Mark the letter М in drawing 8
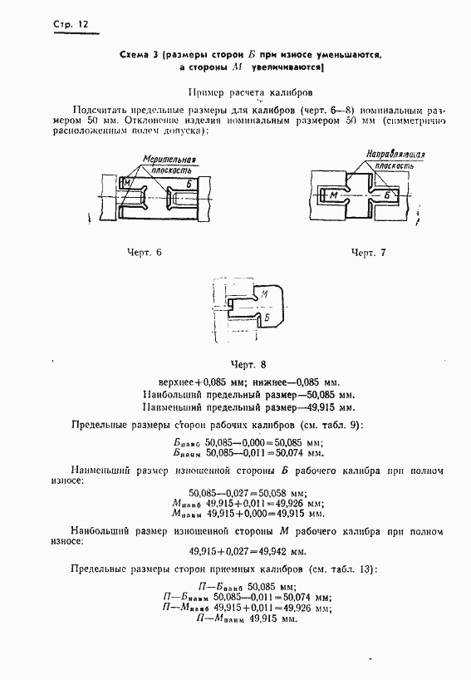click(x=262, y=295)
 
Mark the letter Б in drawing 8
click(x=267, y=316)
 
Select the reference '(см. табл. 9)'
click(x=329, y=425)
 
